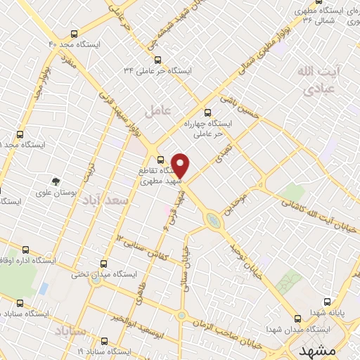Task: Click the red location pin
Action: (181, 165)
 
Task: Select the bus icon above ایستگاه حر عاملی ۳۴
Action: (157, 60)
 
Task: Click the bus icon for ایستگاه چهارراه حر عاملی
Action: (207, 112)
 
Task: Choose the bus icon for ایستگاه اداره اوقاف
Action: (26, 249)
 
